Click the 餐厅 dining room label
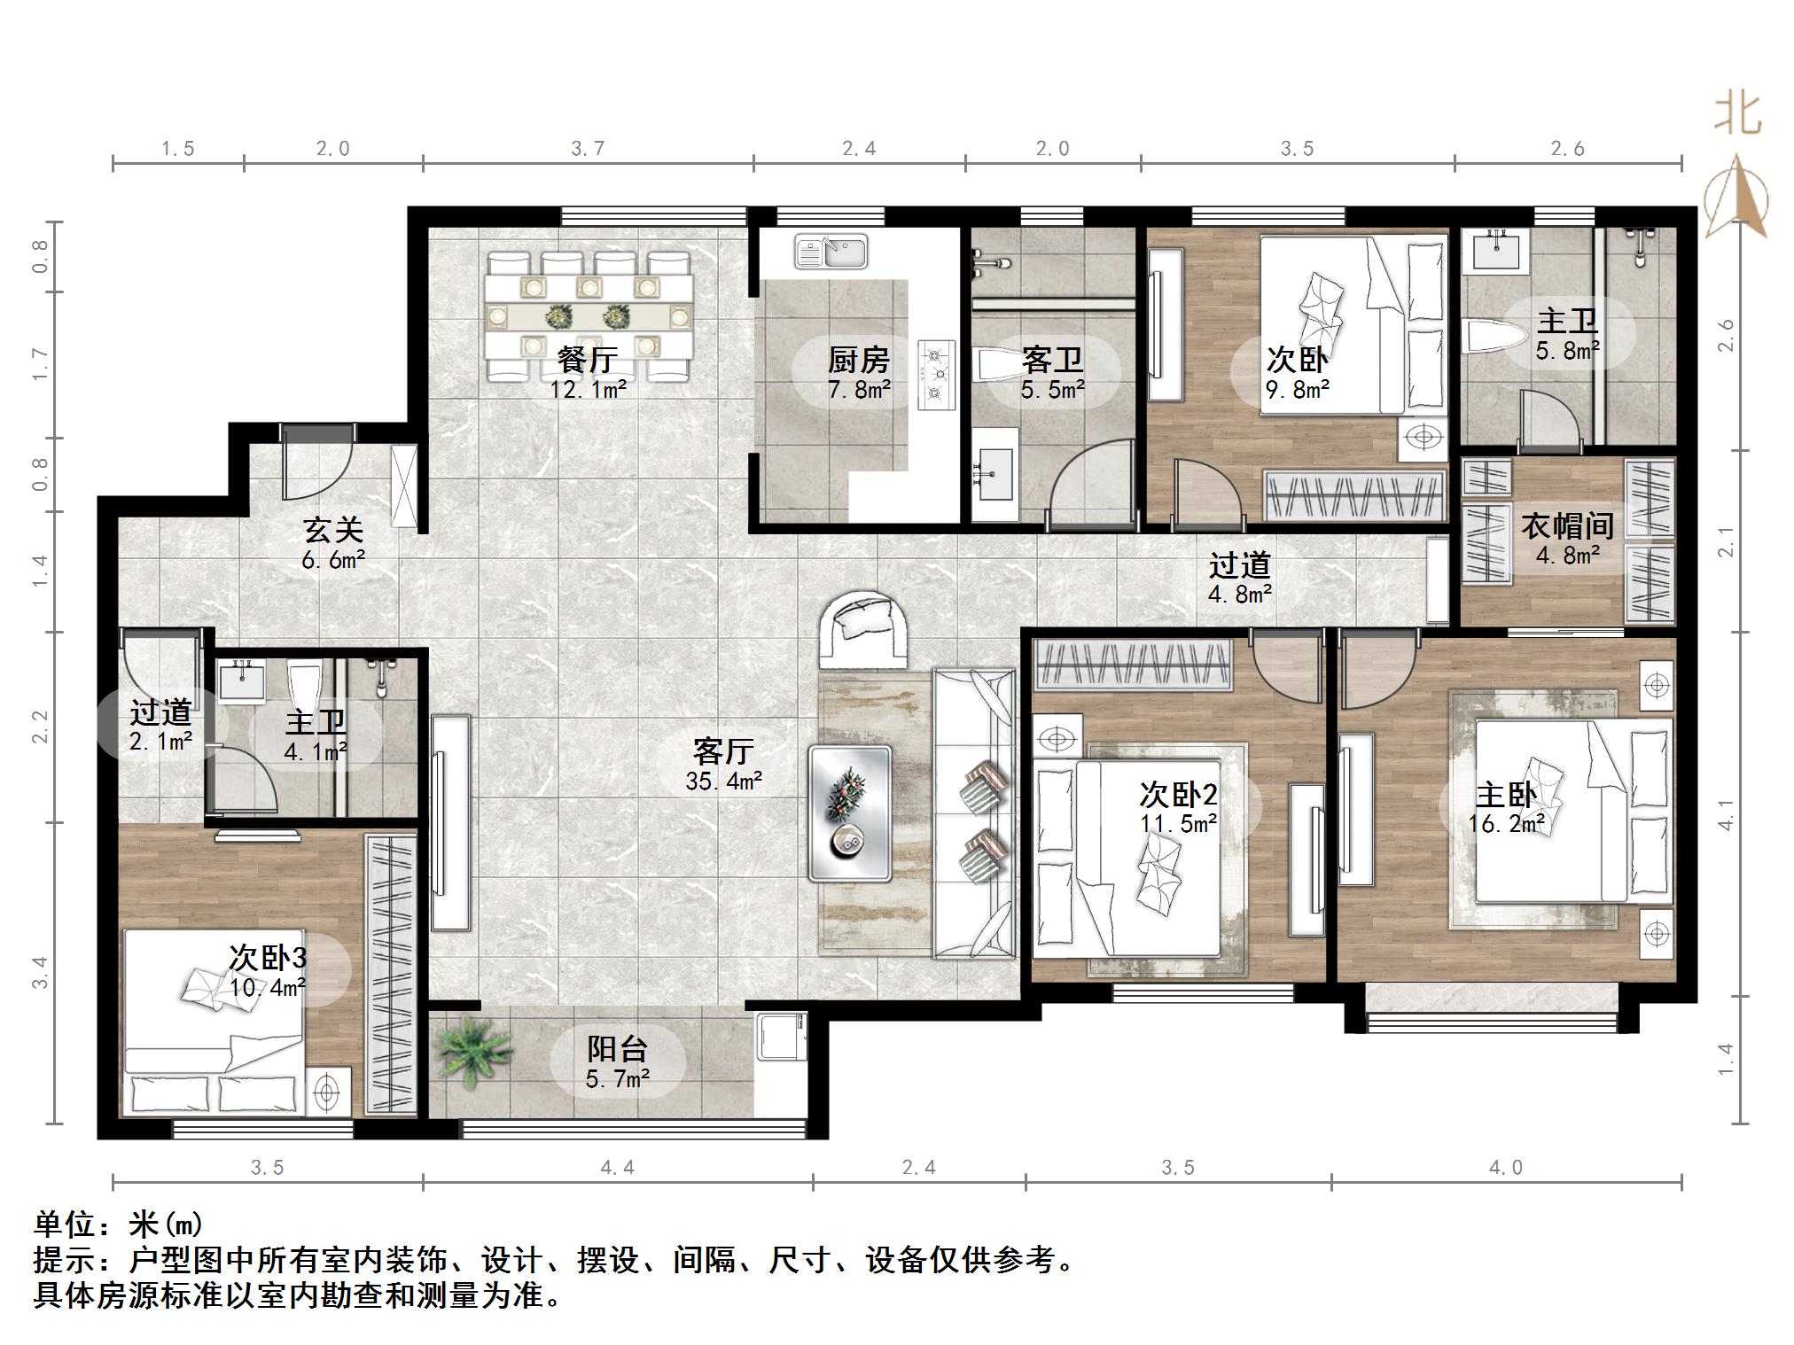[587, 360]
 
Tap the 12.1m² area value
[588, 389]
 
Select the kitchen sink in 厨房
[831, 251]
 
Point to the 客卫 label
[1052, 360]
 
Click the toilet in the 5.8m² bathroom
[1494, 338]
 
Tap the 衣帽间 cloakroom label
[1567, 526]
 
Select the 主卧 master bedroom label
[1506, 795]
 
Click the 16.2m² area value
[1506, 824]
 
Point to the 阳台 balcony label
[617, 1049]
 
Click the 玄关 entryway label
[333, 531]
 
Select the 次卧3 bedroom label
[268, 958]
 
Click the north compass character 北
[1736, 115]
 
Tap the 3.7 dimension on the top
[588, 149]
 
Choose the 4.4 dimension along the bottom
[617, 1168]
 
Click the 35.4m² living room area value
[723, 781]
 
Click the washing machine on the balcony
[782, 1037]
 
